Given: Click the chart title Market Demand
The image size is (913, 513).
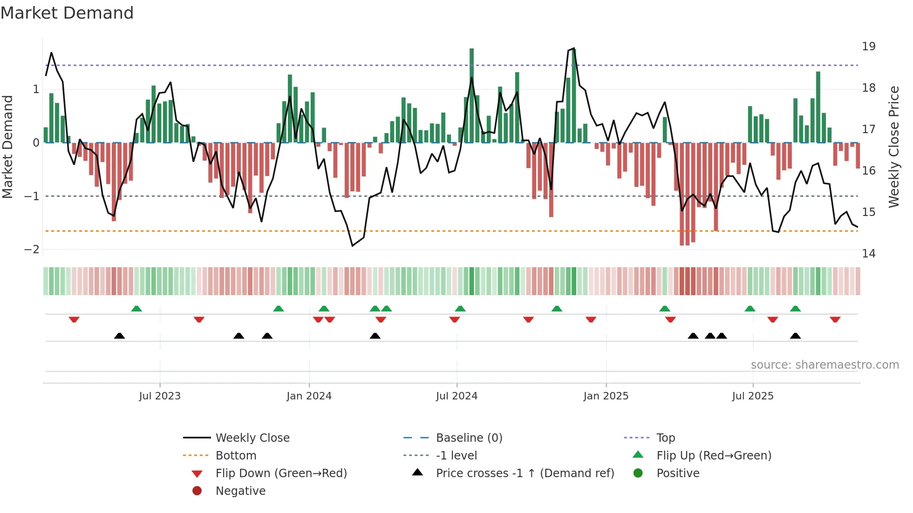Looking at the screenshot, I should pyautogui.click(x=67, y=13).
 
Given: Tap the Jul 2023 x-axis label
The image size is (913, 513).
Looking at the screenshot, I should pyautogui.click(x=159, y=396).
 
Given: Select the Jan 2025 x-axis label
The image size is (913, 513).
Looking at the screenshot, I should pyautogui.click(x=606, y=396).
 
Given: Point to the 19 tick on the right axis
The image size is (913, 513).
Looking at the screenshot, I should pyautogui.click(x=868, y=47).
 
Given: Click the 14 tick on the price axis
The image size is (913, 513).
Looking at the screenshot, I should pyautogui.click(x=868, y=254).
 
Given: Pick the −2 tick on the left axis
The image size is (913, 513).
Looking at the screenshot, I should pyautogui.click(x=32, y=250).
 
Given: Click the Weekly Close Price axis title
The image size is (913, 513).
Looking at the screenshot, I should pyautogui.click(x=893, y=147).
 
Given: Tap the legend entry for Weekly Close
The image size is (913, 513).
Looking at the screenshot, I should pyautogui.click(x=252, y=438).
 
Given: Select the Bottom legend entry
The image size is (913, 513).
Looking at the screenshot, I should pyautogui.click(x=236, y=456).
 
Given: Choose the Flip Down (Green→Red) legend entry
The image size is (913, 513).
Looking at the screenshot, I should pyautogui.click(x=281, y=473).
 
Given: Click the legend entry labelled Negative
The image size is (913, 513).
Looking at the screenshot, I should pyautogui.click(x=240, y=491).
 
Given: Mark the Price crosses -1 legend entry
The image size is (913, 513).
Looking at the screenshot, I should pyautogui.click(x=525, y=473).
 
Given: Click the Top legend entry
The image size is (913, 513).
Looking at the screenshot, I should pyautogui.click(x=666, y=438).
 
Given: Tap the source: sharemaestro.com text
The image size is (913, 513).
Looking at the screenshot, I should pyautogui.click(x=824, y=365).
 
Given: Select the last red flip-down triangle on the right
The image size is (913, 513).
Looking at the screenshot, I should pyautogui.click(x=835, y=320).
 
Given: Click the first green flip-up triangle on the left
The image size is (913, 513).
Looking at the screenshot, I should pyautogui.click(x=136, y=309).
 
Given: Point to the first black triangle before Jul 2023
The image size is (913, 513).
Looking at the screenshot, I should pyautogui.click(x=119, y=336).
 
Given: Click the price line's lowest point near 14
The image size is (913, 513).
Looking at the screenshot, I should pyautogui.click(x=353, y=246).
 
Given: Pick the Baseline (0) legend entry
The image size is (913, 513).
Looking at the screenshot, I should pyautogui.click(x=469, y=438).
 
